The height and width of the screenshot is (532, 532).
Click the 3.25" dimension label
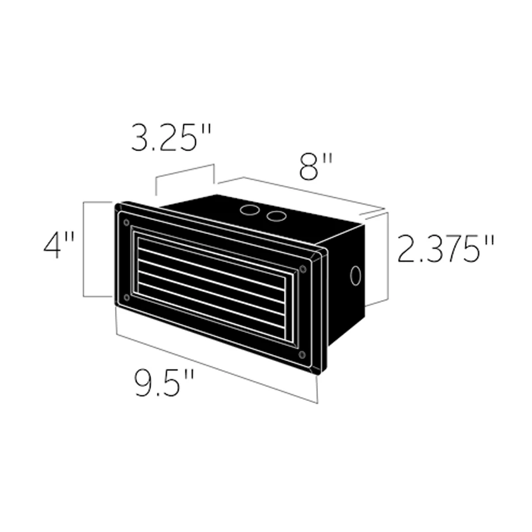click(x=172, y=138)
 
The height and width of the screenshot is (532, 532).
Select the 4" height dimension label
click(x=59, y=245)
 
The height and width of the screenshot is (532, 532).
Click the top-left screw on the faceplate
click(x=126, y=223)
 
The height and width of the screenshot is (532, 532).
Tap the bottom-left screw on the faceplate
click(x=126, y=297)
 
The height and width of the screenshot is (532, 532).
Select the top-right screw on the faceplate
click(x=303, y=269)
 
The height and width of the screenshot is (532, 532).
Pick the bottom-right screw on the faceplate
click(x=302, y=354)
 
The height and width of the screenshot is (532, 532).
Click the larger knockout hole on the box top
click(x=250, y=210)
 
